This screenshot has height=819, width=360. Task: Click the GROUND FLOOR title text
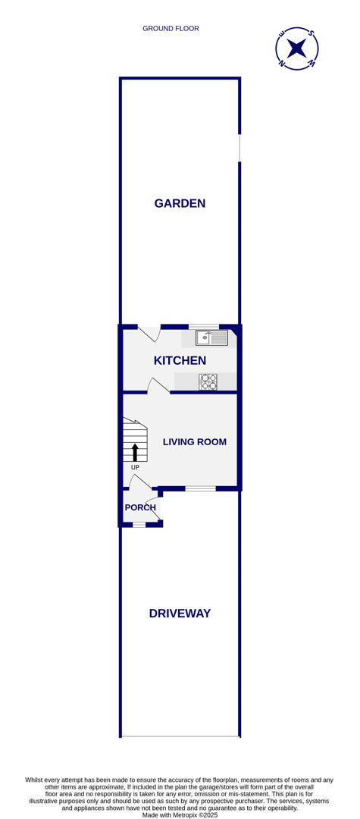pyautogui.click(x=171, y=29)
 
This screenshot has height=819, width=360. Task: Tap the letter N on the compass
pyautogui.click(x=282, y=64)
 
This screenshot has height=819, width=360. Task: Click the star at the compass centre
pyautogui.click(x=296, y=49)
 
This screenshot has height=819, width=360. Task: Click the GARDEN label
pyautogui.click(x=180, y=203)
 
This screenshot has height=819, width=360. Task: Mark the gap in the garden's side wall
pyautogui.click(x=239, y=148)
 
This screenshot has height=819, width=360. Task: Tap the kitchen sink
pyautogui.click(x=211, y=338)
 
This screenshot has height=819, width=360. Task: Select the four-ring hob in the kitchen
pyautogui.click(x=208, y=382)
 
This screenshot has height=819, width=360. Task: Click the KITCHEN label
pyautogui.click(x=180, y=361)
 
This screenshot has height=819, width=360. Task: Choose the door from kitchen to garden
pyautogui.click(x=149, y=332)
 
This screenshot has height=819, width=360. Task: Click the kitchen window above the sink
pyautogui.click(x=203, y=326)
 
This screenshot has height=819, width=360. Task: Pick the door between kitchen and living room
pyautogui.click(x=158, y=387)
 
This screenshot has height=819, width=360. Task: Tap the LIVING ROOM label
pyautogui.click(x=194, y=442)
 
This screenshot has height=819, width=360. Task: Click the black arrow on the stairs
pyautogui.click(x=135, y=453)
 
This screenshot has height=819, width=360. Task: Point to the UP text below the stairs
pyautogui.click(x=135, y=468)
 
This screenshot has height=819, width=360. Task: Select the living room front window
pyautogui.click(x=200, y=489)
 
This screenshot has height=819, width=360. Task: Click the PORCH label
pyautogui.click(x=140, y=508)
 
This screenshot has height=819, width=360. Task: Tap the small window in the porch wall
pyautogui.click(x=139, y=525)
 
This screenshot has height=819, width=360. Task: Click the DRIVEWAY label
pyautogui.click(x=180, y=613)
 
